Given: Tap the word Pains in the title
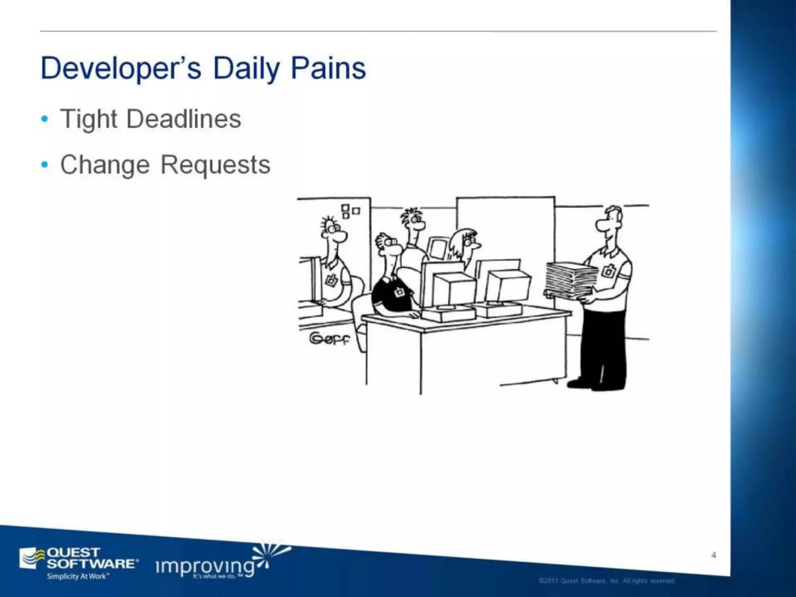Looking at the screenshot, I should (x=328, y=69).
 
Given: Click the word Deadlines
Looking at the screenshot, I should (x=183, y=119).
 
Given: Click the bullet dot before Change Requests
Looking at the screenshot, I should (x=45, y=165).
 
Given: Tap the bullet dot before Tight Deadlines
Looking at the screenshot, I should (x=45, y=119).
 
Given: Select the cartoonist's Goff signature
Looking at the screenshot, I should (x=330, y=339).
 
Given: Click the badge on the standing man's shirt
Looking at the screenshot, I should (x=608, y=271).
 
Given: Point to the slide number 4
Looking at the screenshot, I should (x=714, y=555).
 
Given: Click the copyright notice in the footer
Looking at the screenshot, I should (x=607, y=581).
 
